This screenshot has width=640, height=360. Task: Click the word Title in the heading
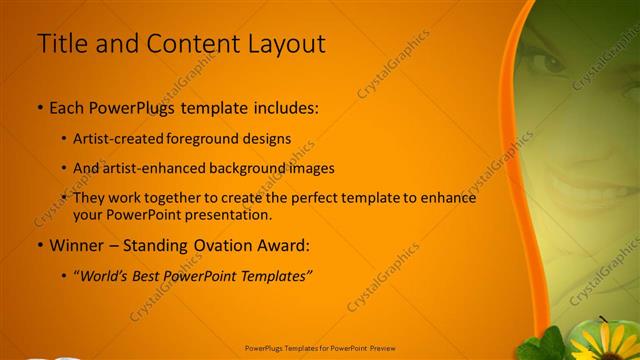[x=60, y=44]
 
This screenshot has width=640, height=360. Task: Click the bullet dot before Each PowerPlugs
[x=39, y=106]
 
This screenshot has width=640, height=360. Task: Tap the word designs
[x=267, y=139]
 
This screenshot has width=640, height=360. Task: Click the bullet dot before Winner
[x=39, y=245]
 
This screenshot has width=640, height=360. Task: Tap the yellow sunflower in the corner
[x=603, y=343]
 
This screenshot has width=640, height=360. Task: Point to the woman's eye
[x=552, y=62]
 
